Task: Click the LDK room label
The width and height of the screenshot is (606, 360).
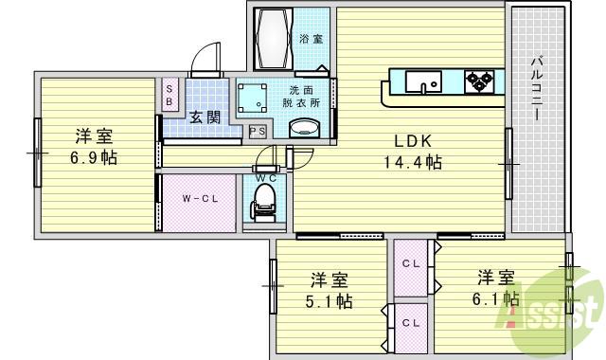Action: point(413,141)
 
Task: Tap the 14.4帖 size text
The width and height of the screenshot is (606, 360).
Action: point(413,162)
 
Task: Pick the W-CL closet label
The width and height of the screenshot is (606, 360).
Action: point(200,199)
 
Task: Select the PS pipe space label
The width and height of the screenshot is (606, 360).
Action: point(256,133)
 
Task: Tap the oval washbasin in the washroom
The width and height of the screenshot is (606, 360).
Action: point(302,129)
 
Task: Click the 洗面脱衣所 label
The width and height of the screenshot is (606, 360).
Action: point(302,98)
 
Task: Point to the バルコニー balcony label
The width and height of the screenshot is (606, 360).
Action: point(535,88)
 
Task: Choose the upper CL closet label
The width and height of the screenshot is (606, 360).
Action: point(410,262)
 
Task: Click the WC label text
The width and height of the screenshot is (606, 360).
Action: point(264,176)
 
